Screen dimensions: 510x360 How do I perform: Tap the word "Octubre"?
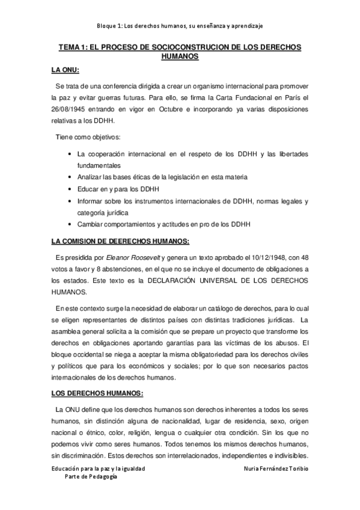click(x=171, y=109)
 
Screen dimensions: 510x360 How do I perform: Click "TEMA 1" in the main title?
click(x=73, y=46)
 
